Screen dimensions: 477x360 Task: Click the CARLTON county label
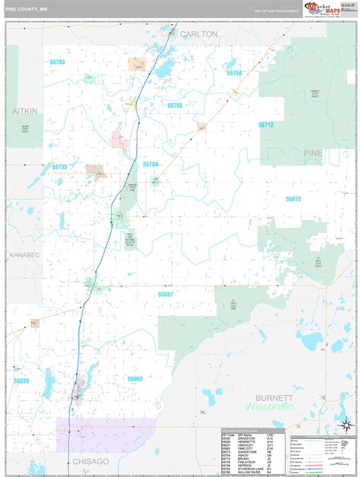click(x=198, y=34)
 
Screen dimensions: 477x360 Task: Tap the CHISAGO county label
click(x=91, y=461)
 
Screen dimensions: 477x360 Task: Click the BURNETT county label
click(x=273, y=397)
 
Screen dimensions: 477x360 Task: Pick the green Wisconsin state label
click(x=269, y=408)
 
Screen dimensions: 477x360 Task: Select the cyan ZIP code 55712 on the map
click(x=265, y=125)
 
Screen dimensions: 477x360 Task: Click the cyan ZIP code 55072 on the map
click(x=293, y=198)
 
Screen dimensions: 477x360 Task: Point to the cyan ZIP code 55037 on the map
click(x=166, y=294)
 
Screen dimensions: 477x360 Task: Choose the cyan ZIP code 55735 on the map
click(x=60, y=166)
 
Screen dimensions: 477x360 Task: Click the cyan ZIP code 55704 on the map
click(x=150, y=164)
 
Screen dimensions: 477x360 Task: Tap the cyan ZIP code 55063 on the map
click(x=135, y=378)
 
